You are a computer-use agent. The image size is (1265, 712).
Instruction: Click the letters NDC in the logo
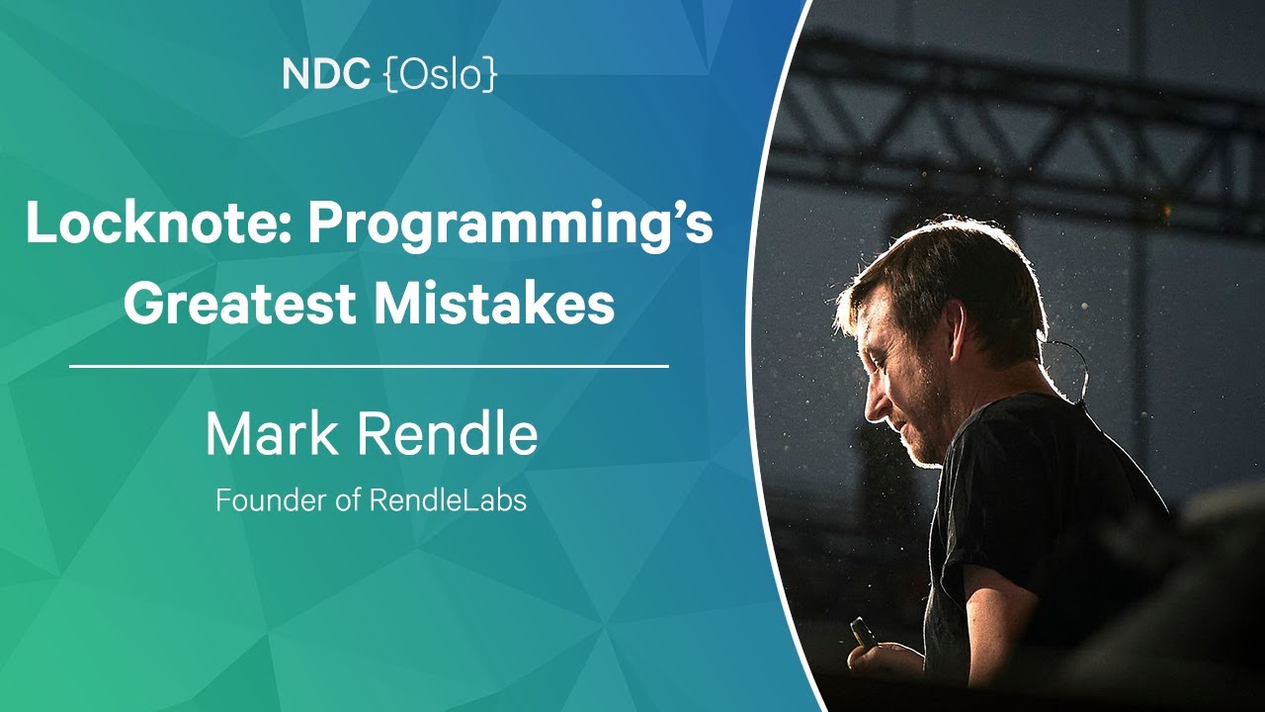tap(326, 74)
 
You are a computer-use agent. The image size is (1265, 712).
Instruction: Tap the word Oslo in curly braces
tap(441, 74)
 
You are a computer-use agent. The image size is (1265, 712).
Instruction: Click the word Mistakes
tap(494, 304)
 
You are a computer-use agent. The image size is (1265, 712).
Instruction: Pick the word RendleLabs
tap(448, 500)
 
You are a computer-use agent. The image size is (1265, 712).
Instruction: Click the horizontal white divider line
tap(369, 366)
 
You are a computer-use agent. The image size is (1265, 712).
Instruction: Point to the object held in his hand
tap(863, 632)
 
